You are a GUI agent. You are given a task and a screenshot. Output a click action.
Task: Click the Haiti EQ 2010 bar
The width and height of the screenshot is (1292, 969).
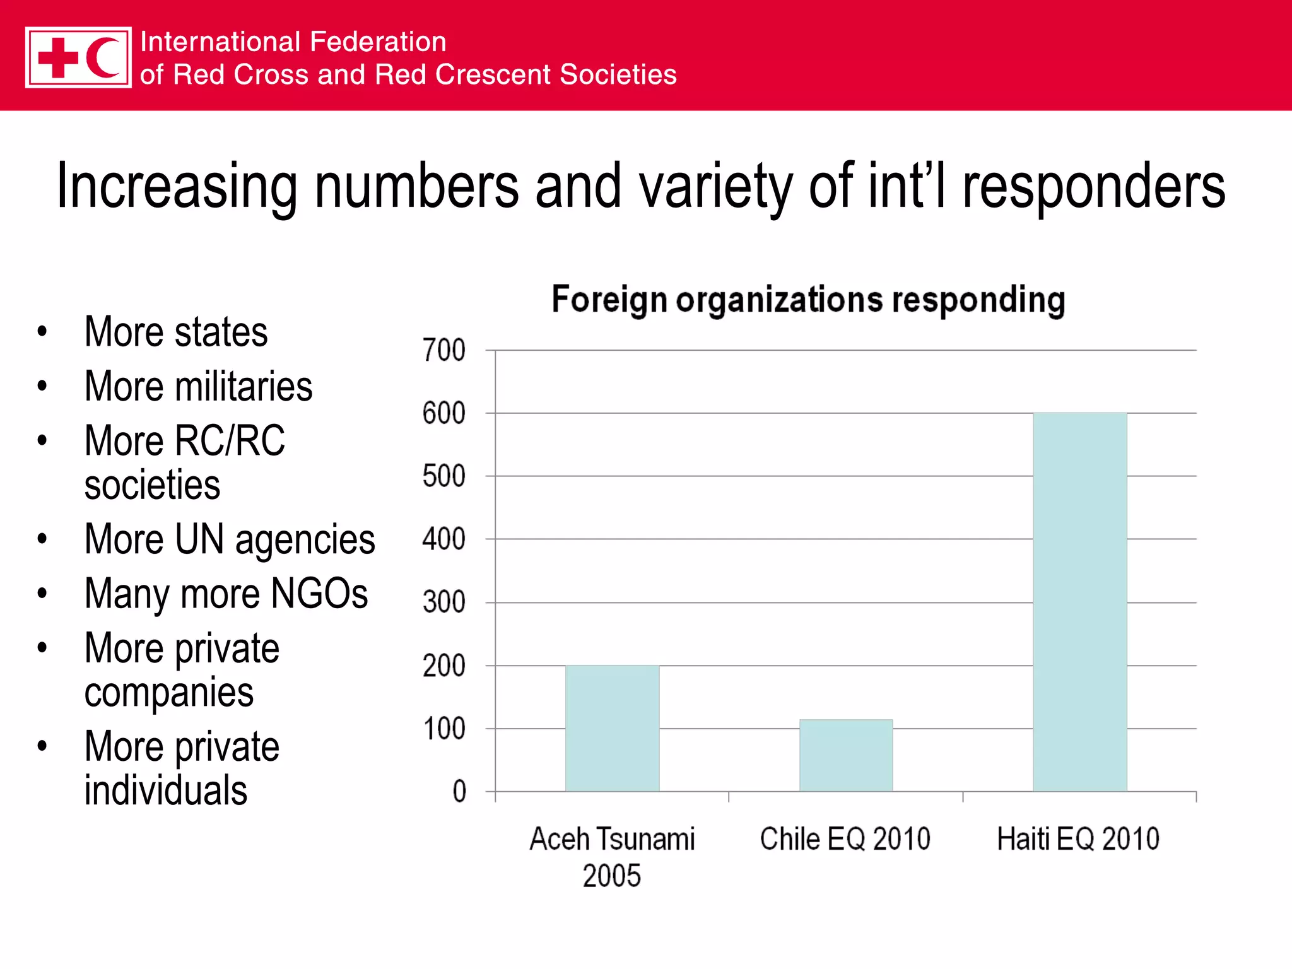1079,602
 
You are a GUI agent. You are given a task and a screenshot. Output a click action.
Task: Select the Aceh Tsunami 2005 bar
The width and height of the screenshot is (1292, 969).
612,728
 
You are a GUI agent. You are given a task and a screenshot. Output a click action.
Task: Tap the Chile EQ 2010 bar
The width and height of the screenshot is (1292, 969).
846,755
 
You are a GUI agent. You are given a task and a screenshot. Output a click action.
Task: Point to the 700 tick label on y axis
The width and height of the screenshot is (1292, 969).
443,350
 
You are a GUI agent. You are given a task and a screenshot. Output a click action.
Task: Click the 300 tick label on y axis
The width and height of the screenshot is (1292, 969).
443,602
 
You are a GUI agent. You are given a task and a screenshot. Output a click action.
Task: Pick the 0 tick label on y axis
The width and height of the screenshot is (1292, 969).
459,792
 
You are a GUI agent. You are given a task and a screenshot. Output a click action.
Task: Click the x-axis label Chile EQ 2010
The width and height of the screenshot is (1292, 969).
845,839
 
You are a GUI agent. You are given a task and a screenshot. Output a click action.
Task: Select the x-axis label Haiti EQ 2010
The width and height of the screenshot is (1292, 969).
1078,839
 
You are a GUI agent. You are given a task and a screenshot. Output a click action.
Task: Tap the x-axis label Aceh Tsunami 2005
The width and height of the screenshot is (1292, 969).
612,857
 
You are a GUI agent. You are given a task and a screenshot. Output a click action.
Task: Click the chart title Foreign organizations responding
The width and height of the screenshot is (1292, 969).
808,300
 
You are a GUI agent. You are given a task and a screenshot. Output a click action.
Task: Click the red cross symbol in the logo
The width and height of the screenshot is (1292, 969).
58,57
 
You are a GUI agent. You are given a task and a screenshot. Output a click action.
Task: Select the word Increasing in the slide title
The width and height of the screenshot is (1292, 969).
177,186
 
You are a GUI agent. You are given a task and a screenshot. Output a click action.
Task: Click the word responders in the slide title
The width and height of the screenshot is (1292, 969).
1093,186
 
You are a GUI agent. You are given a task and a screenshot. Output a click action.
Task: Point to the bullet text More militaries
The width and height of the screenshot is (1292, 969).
198,386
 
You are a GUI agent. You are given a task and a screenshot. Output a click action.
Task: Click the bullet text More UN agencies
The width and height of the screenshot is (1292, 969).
230,540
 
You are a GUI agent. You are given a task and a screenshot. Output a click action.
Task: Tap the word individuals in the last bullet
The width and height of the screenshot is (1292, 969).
165,790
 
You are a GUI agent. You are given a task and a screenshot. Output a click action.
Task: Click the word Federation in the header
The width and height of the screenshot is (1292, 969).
379,42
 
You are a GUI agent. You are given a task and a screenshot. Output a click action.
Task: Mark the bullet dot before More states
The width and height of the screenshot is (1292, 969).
42,332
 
